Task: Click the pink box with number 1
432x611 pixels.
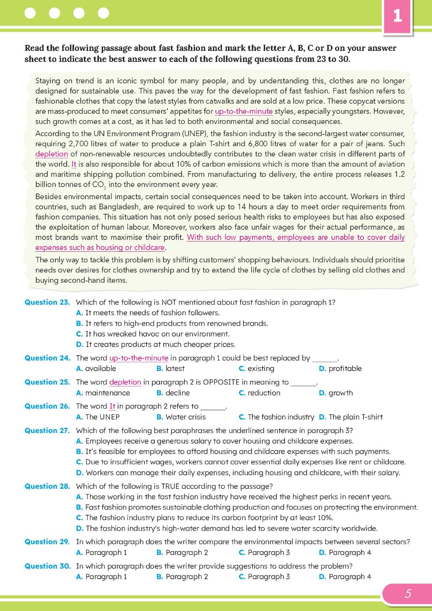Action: [397, 16]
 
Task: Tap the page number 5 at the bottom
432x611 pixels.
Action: [408, 593]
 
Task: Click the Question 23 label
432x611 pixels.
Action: [47, 302]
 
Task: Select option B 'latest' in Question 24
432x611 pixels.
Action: [175, 369]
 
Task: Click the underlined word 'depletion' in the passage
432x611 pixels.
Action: [52, 154]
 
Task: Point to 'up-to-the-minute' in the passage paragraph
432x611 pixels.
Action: [243, 111]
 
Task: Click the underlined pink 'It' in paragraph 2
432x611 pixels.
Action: [74, 164]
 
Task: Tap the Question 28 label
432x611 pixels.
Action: [47, 486]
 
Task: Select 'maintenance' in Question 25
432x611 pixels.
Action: [107, 393]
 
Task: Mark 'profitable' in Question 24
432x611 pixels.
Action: [345, 369]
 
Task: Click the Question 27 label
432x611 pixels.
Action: [47, 431]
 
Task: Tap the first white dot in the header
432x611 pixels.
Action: [30, 13]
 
